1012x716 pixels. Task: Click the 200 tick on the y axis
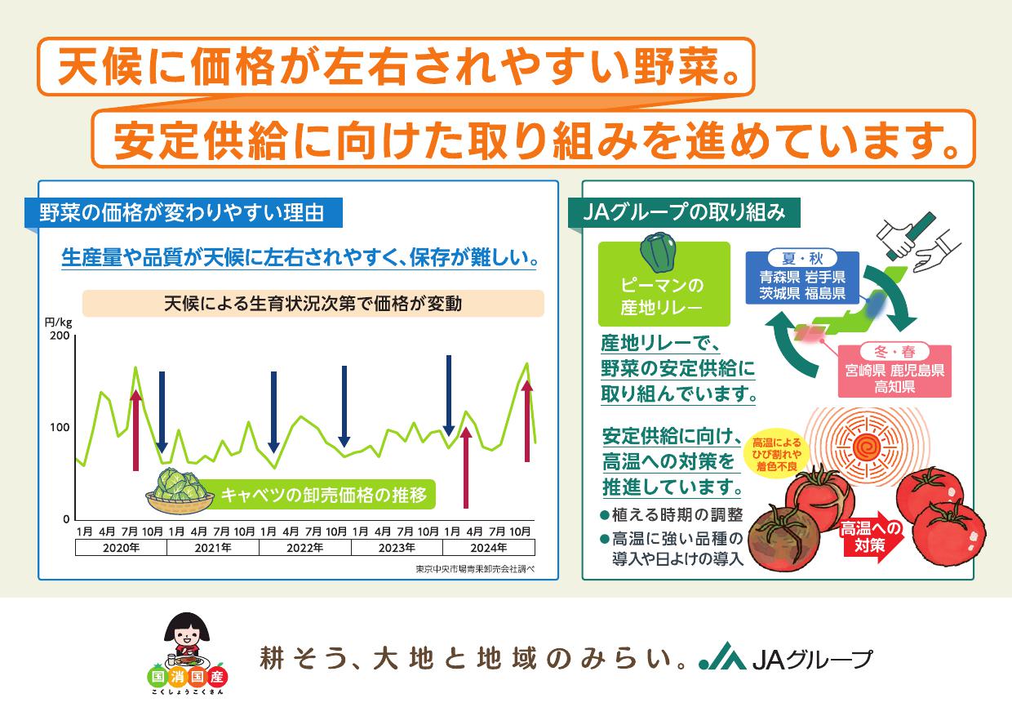pos(60,336)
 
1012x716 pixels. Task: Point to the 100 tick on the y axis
pos(60,428)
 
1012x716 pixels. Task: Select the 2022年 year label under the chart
pos(305,548)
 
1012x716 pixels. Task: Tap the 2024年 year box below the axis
pos(489,548)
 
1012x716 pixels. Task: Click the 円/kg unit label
pos(58,322)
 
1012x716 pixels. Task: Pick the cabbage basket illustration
pos(180,491)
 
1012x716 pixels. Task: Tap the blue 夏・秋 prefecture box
pos(802,278)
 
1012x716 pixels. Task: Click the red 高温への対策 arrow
pos(871,537)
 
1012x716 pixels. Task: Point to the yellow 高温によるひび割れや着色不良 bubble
pos(776,454)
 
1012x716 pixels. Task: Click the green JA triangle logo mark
pos(723,656)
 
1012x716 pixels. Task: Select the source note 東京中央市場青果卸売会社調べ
pos(475,569)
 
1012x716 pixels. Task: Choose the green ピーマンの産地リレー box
pos(664,285)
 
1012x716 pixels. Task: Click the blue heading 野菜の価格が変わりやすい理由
pos(184,213)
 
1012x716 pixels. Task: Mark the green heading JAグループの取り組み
pos(685,213)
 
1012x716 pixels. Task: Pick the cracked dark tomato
pos(783,539)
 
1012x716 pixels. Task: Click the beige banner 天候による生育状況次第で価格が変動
pos(313,304)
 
